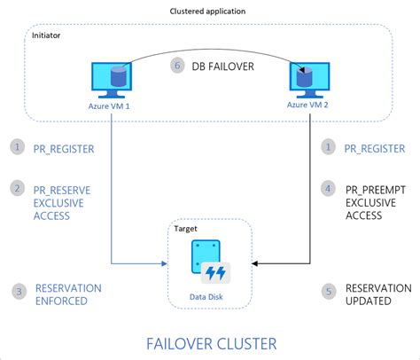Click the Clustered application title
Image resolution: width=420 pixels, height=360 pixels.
point(209,10)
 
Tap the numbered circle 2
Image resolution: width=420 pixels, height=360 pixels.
point(17,188)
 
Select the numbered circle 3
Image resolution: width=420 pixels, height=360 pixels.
point(17,290)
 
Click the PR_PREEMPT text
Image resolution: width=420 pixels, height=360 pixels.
point(377,188)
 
